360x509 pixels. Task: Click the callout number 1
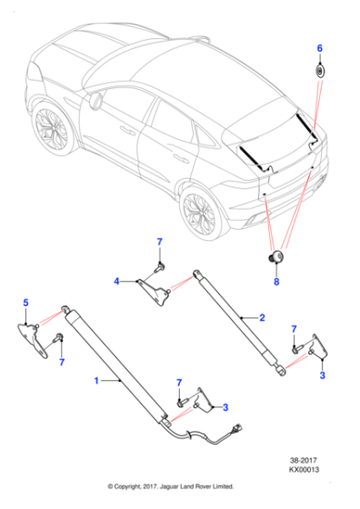pos(96,383)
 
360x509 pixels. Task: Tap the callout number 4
pos(116,282)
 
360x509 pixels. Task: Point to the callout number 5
pos(25,302)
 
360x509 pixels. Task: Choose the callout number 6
pos(319,46)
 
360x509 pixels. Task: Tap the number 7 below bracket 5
pos(61,363)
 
